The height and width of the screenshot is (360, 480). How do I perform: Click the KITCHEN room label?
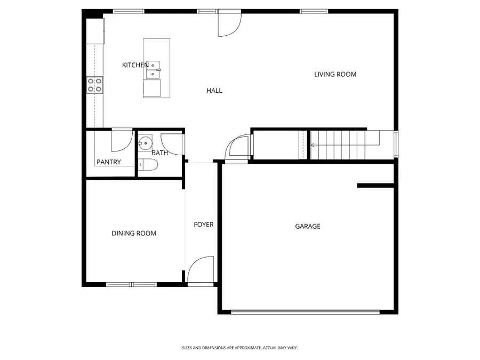[x=135, y=65]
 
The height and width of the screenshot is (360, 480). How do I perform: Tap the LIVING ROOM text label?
[x=335, y=74]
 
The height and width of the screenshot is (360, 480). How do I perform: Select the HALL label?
[x=214, y=91]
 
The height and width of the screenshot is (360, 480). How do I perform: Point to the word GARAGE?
[x=308, y=226]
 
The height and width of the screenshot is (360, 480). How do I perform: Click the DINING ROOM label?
[x=134, y=233]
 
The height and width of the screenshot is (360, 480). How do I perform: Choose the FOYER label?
[x=203, y=225]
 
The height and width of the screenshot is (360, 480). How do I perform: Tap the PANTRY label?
[x=108, y=162]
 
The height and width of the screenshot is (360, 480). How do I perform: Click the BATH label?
[x=159, y=153]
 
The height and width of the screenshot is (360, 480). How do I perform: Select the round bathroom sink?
[x=145, y=142]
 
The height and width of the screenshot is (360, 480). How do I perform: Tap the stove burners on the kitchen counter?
[x=95, y=85]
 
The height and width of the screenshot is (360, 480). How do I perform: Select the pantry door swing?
[x=122, y=140]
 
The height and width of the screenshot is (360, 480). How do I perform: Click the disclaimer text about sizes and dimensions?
[x=239, y=348]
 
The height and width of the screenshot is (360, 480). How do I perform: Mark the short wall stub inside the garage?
[x=375, y=186]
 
